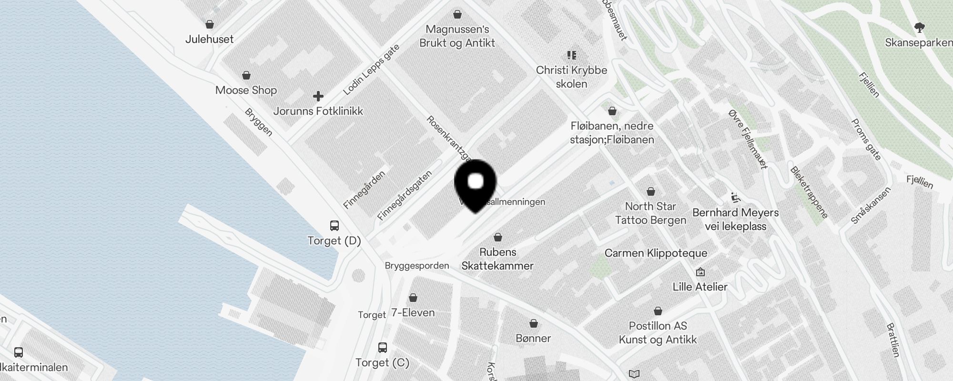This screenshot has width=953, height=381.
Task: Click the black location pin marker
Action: (476, 184)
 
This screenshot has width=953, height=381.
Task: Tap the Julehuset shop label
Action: (209, 39)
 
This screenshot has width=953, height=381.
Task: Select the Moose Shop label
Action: (246, 90)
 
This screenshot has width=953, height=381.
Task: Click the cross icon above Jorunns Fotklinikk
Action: (318, 96)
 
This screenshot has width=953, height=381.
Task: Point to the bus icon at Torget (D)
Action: (335, 225)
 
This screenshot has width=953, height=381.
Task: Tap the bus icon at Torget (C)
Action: (382, 347)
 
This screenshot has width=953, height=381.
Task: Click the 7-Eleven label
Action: (413, 312)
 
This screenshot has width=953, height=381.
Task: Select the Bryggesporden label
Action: (417, 266)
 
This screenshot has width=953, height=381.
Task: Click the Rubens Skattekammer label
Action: (497, 259)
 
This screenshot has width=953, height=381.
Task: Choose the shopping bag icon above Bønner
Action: (534, 323)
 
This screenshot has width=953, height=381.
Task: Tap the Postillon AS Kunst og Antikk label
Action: (658, 332)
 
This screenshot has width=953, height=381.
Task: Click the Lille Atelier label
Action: (700, 287)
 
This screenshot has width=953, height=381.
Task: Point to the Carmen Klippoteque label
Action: (656, 253)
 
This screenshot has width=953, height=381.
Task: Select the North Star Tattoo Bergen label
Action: (650, 213)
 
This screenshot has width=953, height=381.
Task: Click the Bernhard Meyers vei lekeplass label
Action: (735, 219)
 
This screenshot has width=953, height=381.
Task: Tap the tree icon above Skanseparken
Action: (920, 28)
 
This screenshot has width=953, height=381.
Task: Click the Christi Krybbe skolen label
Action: (571, 77)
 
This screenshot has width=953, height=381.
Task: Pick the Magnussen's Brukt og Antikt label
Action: (457, 36)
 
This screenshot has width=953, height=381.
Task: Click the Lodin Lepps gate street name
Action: (371, 70)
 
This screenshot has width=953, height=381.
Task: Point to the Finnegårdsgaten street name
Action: (405, 195)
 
